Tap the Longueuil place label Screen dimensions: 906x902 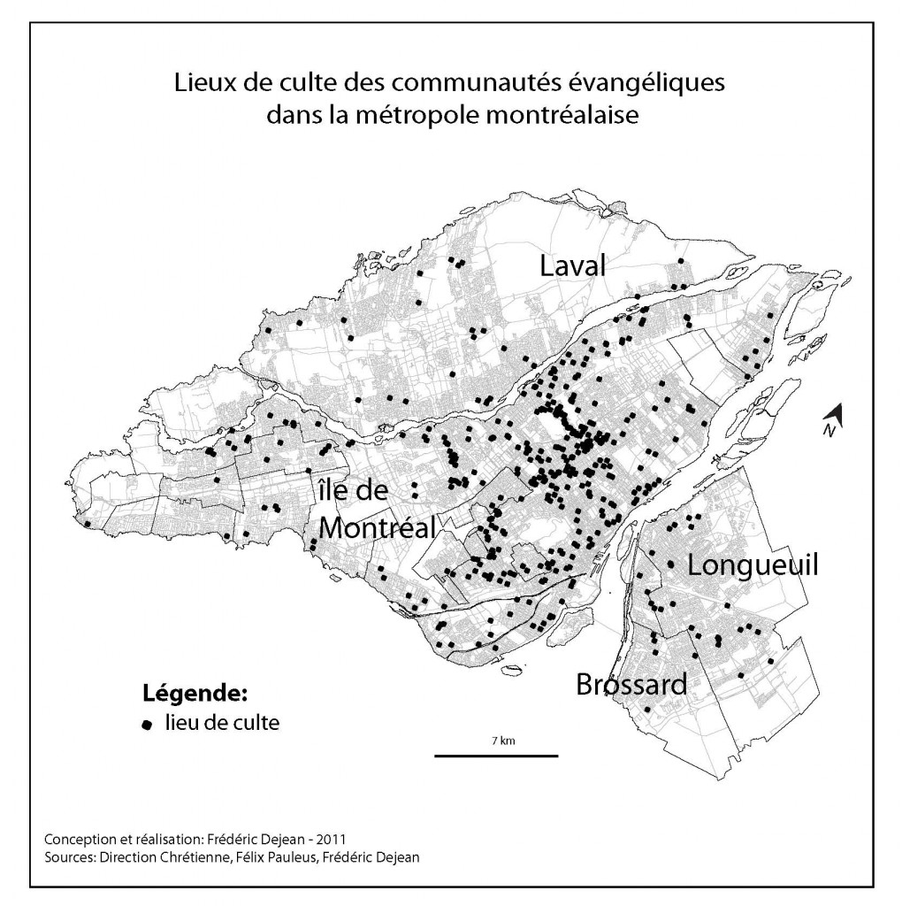(753, 565)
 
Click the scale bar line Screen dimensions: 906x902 (495, 756)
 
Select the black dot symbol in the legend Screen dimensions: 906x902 (148, 725)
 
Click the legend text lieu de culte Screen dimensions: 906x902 (222, 724)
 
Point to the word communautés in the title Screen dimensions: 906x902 (474, 84)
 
